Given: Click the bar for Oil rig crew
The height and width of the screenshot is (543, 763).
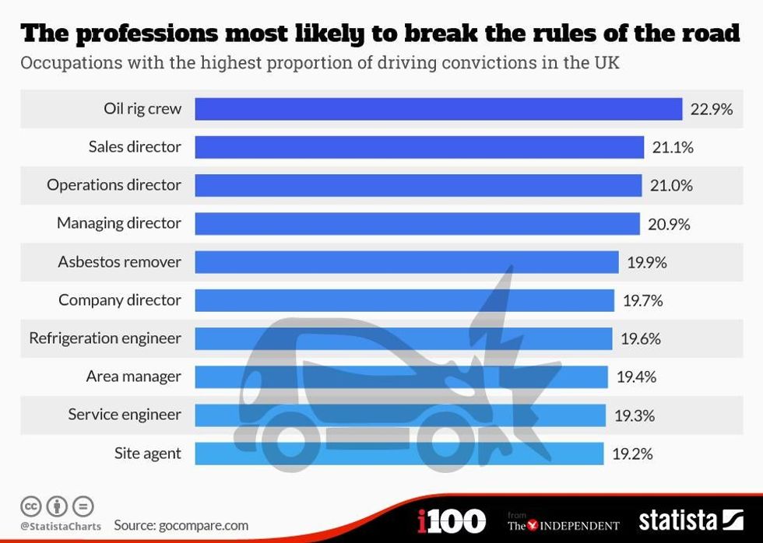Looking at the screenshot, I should pos(438,109).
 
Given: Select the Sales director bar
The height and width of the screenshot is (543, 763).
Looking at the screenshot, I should pos(419,147).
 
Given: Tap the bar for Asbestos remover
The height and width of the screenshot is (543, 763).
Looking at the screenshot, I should pos(406,261).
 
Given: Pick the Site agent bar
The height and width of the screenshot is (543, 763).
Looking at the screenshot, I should pos(399,453).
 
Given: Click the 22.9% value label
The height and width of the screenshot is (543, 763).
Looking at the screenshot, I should pos(712,109).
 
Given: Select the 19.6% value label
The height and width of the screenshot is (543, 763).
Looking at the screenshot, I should pos(641,338).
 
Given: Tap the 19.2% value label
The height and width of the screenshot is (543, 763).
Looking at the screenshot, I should pos(632,453).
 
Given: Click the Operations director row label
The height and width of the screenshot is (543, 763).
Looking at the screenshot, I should pos(114,185).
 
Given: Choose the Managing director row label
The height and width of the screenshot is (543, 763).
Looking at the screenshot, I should pos(118,223).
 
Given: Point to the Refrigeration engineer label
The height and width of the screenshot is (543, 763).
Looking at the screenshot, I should pos(105,338).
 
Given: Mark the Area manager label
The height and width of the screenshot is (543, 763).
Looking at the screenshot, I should pos(133,377).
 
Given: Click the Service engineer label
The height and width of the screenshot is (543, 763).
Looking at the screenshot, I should pos(125,415).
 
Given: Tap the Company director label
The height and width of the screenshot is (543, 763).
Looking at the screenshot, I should pos(120,300).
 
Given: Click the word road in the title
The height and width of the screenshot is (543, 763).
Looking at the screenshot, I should pos(705,34).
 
